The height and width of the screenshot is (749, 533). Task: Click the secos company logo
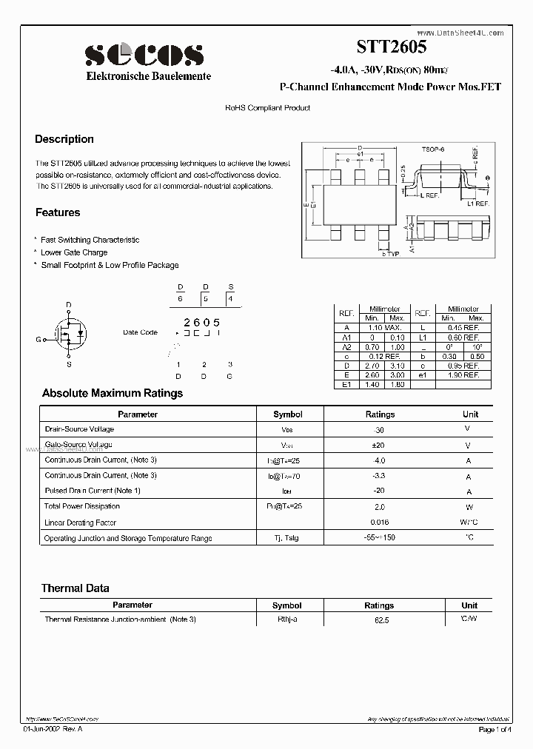click(144, 55)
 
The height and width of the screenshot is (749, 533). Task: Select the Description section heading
click(64, 139)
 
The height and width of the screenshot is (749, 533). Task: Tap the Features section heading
click(58, 212)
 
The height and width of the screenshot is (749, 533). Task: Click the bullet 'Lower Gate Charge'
click(74, 252)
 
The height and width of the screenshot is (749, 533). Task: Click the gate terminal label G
click(38, 340)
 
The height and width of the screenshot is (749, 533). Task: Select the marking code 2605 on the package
click(201, 322)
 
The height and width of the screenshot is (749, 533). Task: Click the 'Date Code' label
click(140, 332)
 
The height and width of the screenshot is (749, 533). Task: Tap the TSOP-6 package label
click(432, 150)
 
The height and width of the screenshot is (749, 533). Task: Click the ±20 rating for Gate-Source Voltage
click(380, 445)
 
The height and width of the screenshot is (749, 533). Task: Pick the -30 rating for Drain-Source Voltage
click(380, 429)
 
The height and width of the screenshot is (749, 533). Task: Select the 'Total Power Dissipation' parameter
click(82, 506)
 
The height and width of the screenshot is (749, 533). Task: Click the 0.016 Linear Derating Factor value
click(380, 522)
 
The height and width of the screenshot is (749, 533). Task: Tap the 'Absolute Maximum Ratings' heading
click(112, 393)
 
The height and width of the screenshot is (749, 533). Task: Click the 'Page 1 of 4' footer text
click(495, 730)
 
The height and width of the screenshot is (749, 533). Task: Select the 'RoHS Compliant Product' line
click(267, 108)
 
